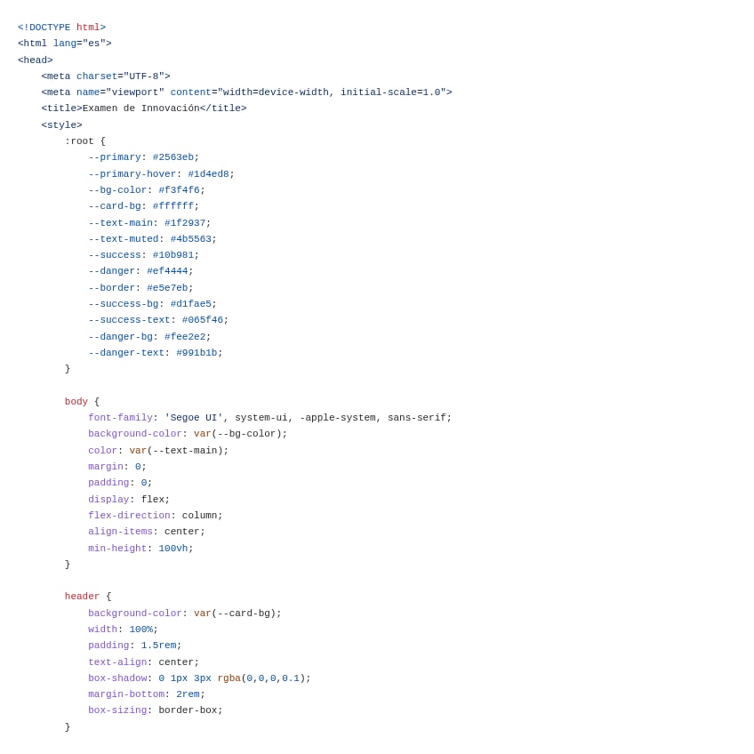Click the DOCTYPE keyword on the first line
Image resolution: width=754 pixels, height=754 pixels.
click(50, 28)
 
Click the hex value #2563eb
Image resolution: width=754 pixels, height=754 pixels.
click(172, 157)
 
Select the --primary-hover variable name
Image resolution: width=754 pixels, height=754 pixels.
click(132, 174)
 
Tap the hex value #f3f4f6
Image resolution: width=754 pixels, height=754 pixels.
click(179, 190)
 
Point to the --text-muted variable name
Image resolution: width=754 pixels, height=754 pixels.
click(123, 239)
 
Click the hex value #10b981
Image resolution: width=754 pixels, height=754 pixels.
click(172, 255)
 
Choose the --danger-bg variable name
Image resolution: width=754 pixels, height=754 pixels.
click(120, 337)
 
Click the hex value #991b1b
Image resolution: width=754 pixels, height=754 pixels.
click(197, 353)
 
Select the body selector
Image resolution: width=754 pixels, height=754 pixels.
click(76, 402)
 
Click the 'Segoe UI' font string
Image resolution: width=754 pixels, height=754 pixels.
click(193, 418)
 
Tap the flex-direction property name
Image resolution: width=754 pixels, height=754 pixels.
click(129, 516)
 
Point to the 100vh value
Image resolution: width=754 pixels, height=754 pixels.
click(172, 549)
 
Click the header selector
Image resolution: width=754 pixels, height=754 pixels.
click(82, 597)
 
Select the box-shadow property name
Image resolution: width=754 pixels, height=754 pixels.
click(117, 678)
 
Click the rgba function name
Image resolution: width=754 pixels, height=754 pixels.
click(229, 678)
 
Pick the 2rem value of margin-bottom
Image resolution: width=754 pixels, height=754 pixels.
click(188, 694)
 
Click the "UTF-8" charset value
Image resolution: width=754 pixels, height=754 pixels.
click(143, 76)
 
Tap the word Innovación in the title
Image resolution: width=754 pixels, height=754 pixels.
click(170, 108)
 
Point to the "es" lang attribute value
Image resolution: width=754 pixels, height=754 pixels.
click(94, 44)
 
